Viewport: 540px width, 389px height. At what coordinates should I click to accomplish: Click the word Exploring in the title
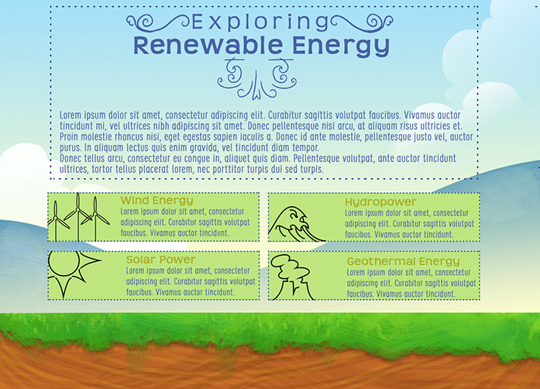260,22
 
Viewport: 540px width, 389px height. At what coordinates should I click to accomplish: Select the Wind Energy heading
157,201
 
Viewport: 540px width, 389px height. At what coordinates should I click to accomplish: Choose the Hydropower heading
380,202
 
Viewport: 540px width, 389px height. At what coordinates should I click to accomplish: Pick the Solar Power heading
160,260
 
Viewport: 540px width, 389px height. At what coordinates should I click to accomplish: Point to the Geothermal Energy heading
403,262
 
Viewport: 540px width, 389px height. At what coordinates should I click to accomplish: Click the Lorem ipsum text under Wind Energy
188,222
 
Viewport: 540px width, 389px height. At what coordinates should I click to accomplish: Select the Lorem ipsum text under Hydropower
411,222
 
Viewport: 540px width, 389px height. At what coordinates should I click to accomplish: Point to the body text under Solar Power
191,281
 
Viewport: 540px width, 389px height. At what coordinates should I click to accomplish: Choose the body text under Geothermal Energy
412,283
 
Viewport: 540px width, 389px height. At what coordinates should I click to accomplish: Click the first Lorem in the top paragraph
71,115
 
